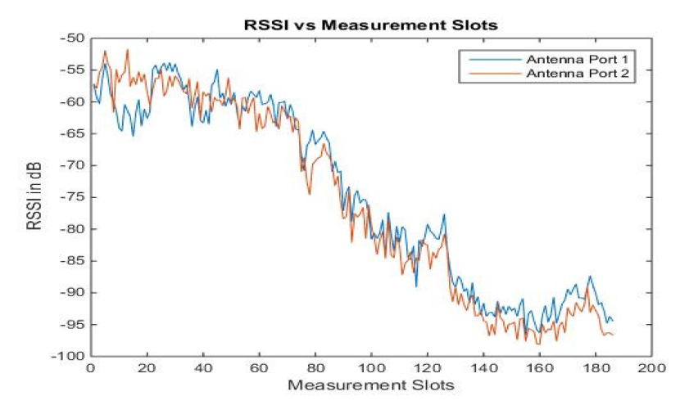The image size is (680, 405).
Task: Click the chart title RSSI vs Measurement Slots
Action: (372, 24)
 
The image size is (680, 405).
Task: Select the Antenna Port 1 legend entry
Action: (578, 60)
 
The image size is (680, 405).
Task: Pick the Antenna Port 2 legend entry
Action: (578, 74)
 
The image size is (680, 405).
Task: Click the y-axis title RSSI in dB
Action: (36, 196)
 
